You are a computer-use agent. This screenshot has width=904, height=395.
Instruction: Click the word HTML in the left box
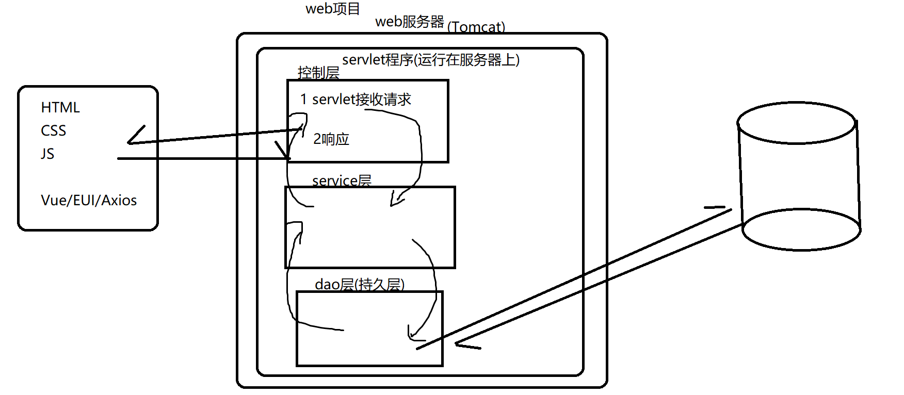tap(60, 107)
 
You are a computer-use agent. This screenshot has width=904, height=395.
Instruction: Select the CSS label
tap(54, 130)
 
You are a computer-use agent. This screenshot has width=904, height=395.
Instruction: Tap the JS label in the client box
tap(47, 154)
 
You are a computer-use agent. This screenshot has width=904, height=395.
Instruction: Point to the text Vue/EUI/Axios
tap(89, 200)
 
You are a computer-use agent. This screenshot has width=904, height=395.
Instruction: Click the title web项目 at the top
tap(333, 9)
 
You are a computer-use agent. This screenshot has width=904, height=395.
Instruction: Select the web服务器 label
tap(410, 22)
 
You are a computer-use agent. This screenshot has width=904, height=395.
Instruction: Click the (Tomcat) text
tap(476, 27)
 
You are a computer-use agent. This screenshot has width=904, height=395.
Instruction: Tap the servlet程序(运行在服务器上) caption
tap(430, 60)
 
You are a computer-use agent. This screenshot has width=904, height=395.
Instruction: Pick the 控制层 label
tap(318, 73)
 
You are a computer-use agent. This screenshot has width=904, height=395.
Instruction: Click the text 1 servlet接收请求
tap(356, 99)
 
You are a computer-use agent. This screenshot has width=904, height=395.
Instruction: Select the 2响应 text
tap(331, 139)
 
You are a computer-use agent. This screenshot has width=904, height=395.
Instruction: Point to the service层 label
tap(342, 180)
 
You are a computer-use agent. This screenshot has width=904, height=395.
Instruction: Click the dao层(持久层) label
tap(359, 284)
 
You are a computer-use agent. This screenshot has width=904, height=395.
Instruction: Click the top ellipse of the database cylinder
tap(797, 123)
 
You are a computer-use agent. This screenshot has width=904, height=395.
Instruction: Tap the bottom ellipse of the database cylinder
tap(801, 230)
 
